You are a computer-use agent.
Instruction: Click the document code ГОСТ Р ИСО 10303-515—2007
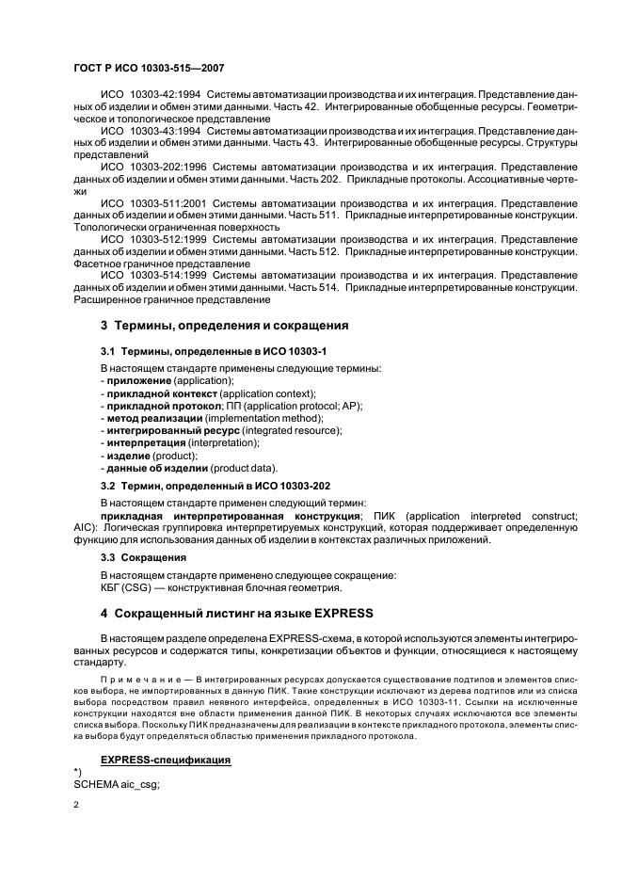(x=147, y=69)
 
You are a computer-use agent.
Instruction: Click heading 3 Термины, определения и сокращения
(x=224, y=326)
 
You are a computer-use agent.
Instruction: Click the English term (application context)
(x=261, y=392)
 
